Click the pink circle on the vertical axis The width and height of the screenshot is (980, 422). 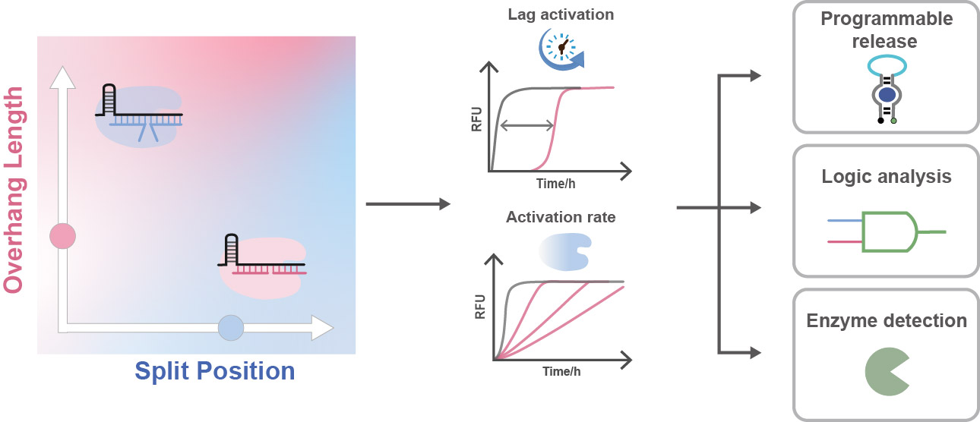coord(60,236)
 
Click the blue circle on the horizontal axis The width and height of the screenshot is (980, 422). coord(230,328)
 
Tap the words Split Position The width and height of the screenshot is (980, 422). coord(215,371)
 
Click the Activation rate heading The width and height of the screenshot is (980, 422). coord(561,217)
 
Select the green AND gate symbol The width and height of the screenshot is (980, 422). coord(890,231)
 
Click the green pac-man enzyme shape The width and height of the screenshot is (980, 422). coord(885,371)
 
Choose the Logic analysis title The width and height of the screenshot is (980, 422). coord(886,177)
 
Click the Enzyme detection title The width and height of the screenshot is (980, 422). coord(886,320)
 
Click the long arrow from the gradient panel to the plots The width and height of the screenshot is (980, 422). coord(408,203)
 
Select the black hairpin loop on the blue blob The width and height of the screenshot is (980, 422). coord(111,96)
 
